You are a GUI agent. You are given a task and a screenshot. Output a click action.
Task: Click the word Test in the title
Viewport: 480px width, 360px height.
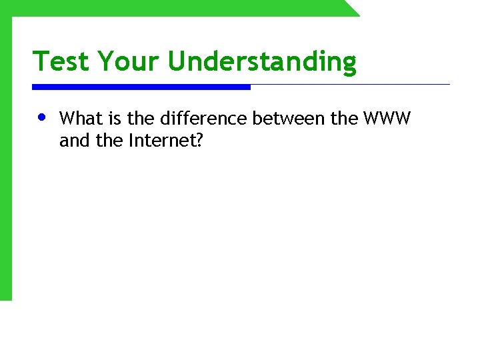click(x=61, y=61)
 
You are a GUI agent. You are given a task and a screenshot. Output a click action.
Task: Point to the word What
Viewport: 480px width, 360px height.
click(x=77, y=119)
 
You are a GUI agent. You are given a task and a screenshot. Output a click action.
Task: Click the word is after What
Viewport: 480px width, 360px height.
click(x=111, y=119)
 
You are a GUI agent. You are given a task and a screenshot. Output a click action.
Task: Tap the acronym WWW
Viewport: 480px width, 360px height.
click(x=387, y=119)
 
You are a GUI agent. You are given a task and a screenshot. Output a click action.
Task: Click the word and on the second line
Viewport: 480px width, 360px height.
click(x=71, y=141)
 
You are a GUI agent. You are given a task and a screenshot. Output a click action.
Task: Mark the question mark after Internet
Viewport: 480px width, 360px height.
click(x=198, y=141)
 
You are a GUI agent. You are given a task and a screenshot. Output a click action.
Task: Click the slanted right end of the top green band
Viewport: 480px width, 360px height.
click(x=351, y=8)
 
